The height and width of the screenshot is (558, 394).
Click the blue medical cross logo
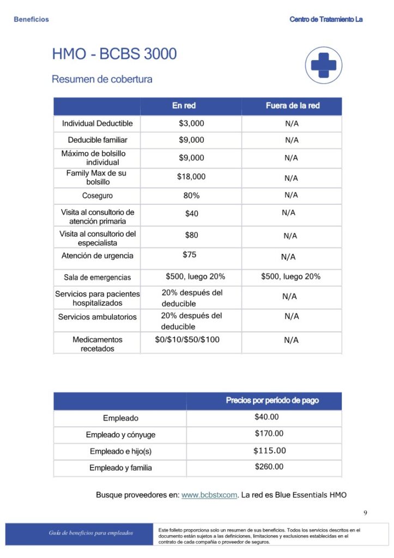[x=323, y=65]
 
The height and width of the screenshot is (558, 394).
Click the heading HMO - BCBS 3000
[x=114, y=54]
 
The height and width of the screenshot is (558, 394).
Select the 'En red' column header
[x=184, y=106]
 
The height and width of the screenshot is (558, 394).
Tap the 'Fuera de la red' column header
[x=293, y=106]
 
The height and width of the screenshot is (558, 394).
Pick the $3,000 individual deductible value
[x=191, y=124]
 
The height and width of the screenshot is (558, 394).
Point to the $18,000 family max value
[x=191, y=177]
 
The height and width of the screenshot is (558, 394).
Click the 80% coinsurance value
[x=191, y=195]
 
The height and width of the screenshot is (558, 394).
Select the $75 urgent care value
[x=190, y=254]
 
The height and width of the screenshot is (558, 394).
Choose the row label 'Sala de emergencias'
[x=97, y=277]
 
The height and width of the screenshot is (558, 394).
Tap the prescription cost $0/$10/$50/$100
[x=187, y=339]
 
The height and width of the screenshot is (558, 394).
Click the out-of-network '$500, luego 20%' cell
[x=290, y=277]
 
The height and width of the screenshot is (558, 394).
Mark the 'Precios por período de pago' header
[x=272, y=401]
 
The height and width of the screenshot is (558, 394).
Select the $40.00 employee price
[x=266, y=417]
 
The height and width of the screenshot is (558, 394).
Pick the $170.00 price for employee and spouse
[x=269, y=434]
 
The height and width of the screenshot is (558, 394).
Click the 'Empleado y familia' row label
[x=120, y=468]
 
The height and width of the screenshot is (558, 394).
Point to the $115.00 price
[x=269, y=451]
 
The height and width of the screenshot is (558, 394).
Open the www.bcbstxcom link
[x=209, y=495]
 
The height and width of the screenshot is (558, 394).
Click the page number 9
[x=365, y=513]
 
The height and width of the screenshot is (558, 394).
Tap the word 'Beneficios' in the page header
[x=31, y=20]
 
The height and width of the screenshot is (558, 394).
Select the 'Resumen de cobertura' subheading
[x=102, y=80]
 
